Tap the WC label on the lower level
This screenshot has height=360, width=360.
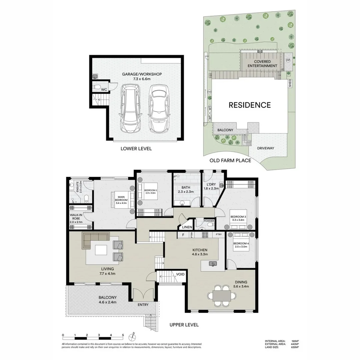pos(104,89)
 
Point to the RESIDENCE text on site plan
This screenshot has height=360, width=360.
pos(249,105)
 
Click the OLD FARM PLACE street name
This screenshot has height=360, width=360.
pos(230,160)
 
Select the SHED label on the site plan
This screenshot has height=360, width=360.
pos(290,83)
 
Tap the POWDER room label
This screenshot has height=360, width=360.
pos(209,221)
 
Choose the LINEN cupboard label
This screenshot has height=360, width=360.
pos(187,227)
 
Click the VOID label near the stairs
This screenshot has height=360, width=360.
pos(180,274)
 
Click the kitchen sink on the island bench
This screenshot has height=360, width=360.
pos(212,264)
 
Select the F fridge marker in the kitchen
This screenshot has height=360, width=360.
pos(183,235)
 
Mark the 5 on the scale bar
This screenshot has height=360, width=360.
pos(123,335)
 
